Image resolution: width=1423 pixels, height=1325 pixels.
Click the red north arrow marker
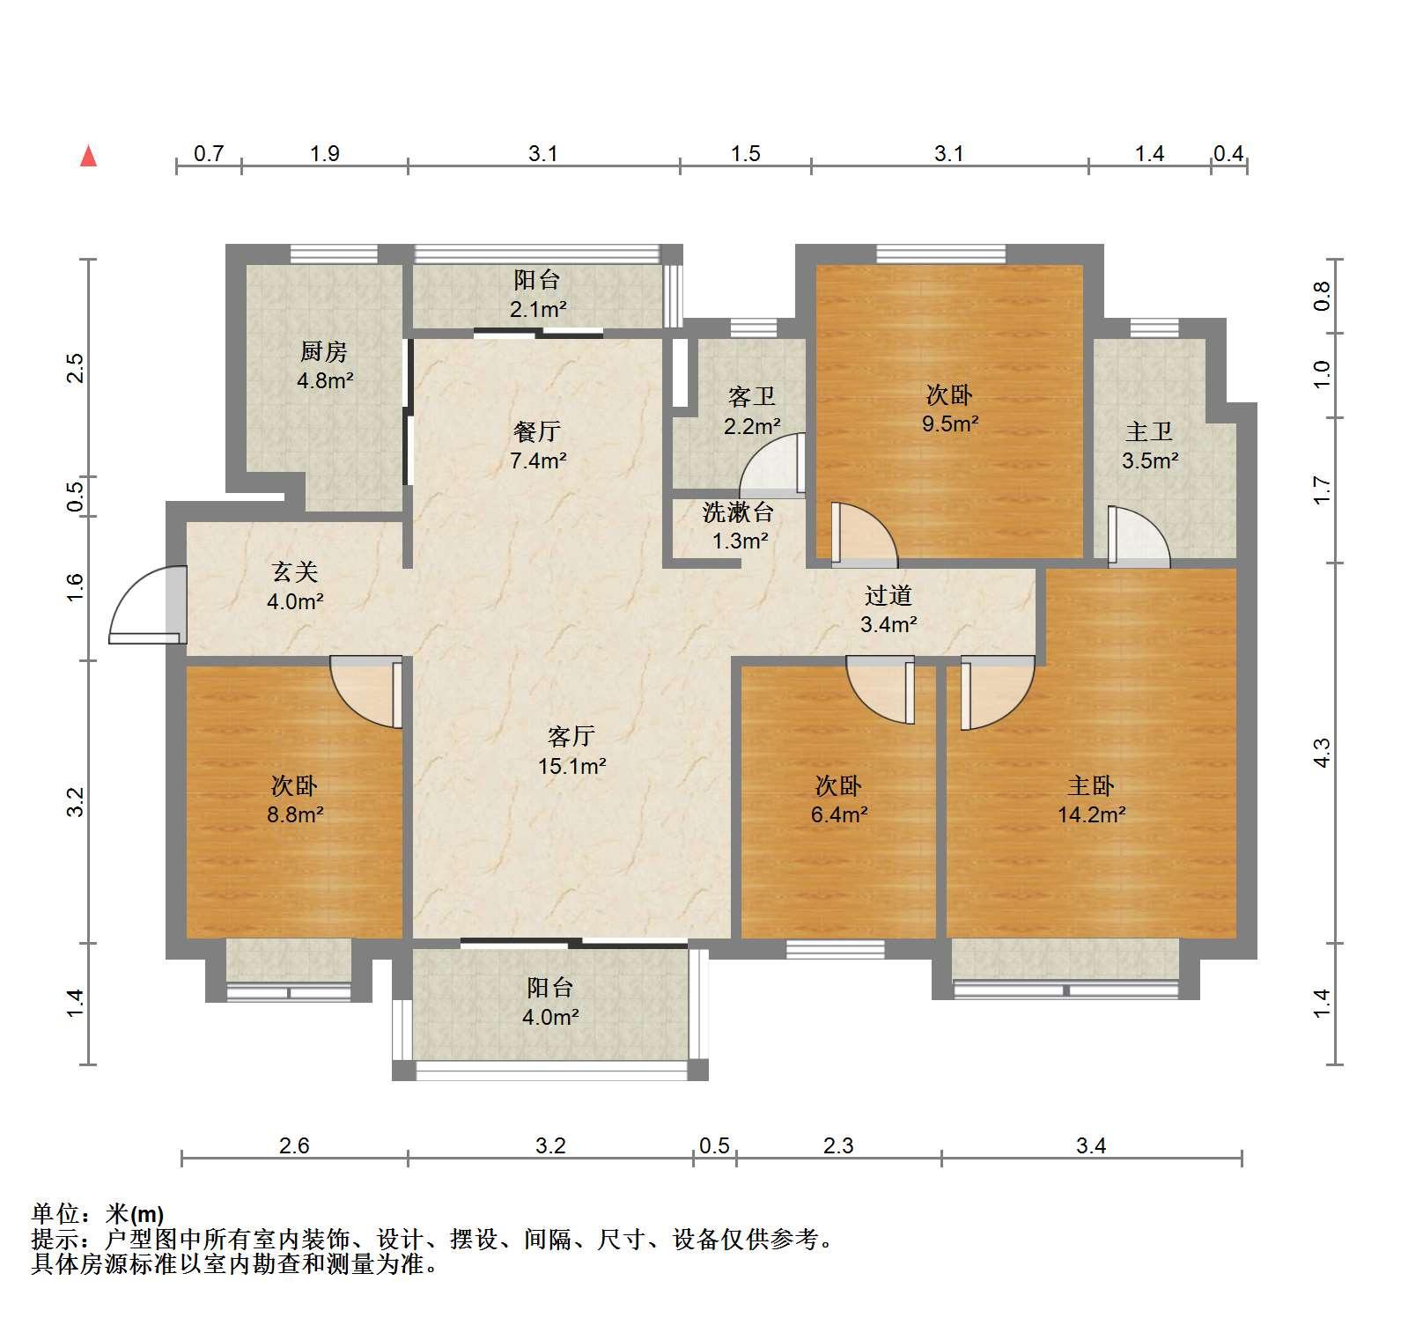click(88, 156)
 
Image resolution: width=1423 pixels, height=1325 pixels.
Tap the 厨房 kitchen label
click(324, 352)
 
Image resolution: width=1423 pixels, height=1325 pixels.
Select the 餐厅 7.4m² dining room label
click(537, 445)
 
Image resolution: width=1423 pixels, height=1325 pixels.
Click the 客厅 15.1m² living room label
click(571, 750)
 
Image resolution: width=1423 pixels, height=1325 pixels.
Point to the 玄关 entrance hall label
click(295, 572)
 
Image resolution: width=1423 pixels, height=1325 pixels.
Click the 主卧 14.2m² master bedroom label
click(1091, 799)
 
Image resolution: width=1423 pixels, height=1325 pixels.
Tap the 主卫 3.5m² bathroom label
click(1150, 445)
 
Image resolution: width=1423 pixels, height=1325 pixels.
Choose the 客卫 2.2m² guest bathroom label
click(752, 411)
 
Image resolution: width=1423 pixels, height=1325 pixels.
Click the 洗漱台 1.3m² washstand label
click(739, 526)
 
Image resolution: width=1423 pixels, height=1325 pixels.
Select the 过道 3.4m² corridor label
click(888, 609)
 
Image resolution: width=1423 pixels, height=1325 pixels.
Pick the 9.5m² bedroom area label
click(950, 423)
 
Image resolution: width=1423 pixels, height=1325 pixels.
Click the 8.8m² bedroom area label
click(295, 814)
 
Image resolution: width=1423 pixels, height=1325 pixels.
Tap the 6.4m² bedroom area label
click(839, 814)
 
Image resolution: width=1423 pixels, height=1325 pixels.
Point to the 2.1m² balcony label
click(537, 309)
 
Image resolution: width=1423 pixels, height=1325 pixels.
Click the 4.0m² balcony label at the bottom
click(550, 1017)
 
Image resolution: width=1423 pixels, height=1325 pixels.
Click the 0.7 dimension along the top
click(209, 153)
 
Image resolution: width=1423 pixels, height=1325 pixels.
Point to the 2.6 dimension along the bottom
click(294, 1145)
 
